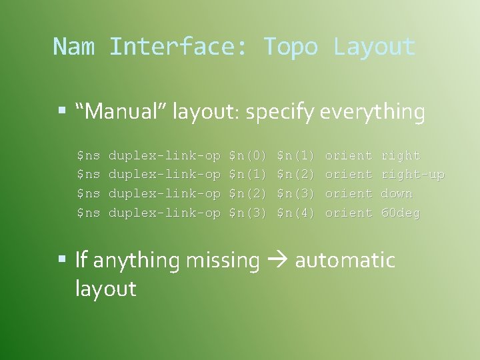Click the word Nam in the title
(74, 47)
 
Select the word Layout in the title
(374, 47)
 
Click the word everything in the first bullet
(372, 113)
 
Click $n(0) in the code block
(247, 156)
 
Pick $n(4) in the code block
(295, 213)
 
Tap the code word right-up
(412, 175)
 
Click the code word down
(396, 194)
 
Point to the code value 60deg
(400, 213)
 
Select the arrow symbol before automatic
(277, 261)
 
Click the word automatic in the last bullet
(345, 260)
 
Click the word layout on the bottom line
(105, 289)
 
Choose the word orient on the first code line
(348, 156)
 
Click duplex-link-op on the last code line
(164, 213)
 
